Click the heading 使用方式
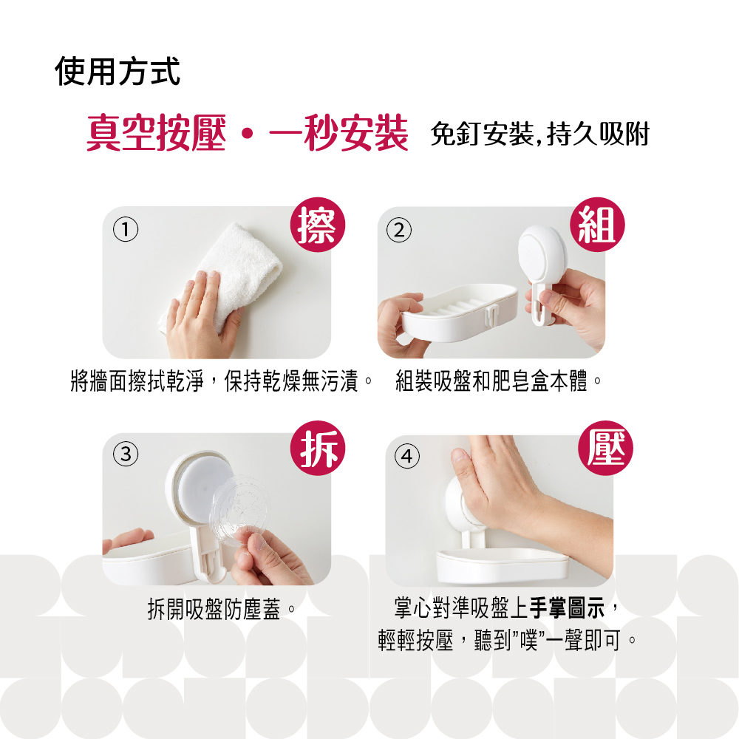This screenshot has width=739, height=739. (x=118, y=71)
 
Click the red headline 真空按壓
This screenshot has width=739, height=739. (x=156, y=133)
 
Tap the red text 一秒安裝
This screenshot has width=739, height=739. (x=338, y=133)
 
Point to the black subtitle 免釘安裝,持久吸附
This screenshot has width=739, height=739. (x=540, y=134)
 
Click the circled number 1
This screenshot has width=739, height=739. (x=126, y=230)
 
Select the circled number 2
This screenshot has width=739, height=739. (x=399, y=230)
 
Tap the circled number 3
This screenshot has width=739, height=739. (x=126, y=454)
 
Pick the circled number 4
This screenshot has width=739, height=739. (x=406, y=456)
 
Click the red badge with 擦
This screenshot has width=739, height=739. (x=318, y=225)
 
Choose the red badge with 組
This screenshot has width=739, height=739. (x=597, y=225)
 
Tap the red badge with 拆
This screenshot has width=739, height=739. (x=318, y=448)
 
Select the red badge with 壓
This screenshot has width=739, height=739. (x=606, y=448)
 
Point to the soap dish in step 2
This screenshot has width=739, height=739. (x=459, y=311)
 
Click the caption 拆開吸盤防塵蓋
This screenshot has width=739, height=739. (x=214, y=609)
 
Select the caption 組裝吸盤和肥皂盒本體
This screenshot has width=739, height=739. (x=491, y=381)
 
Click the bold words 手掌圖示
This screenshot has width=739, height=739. (x=568, y=608)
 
